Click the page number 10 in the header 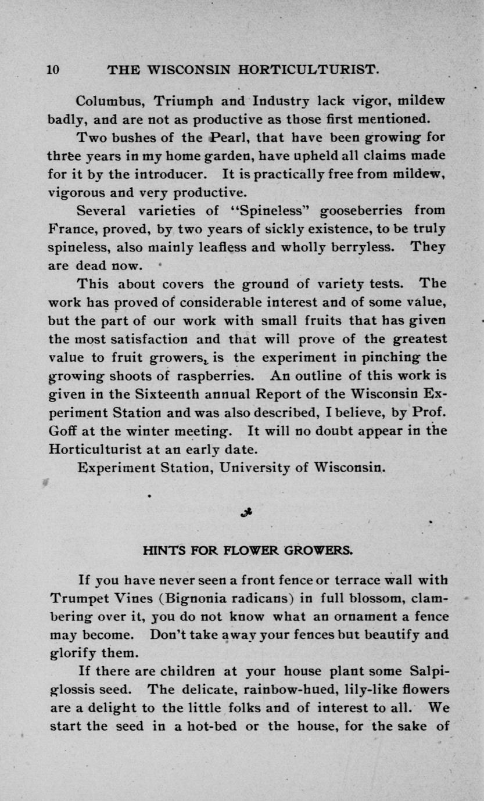(53, 70)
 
